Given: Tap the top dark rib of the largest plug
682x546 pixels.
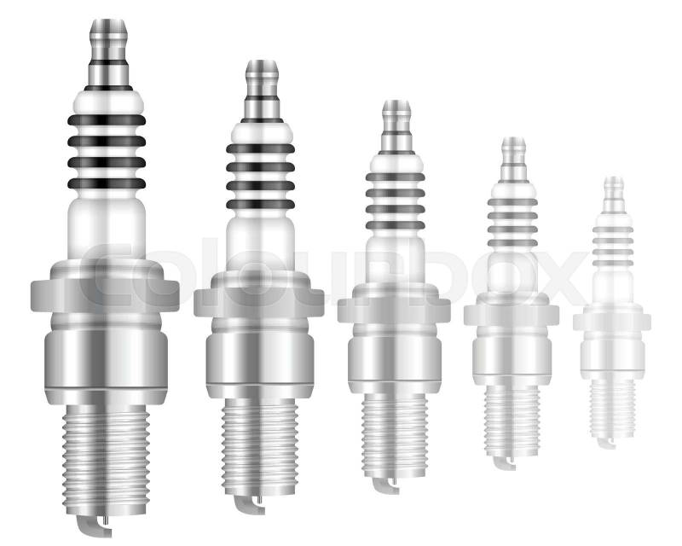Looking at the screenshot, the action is (107, 120).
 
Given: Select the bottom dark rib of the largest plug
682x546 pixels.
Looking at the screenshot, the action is (107, 183).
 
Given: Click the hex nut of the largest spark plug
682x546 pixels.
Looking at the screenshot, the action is (105, 296).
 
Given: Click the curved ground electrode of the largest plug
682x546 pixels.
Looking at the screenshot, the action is (93, 526).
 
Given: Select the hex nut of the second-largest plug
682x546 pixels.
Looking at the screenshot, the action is (259, 302).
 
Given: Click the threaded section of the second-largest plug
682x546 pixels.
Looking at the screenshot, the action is (260, 447).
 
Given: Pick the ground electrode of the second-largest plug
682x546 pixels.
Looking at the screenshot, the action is (248, 505).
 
